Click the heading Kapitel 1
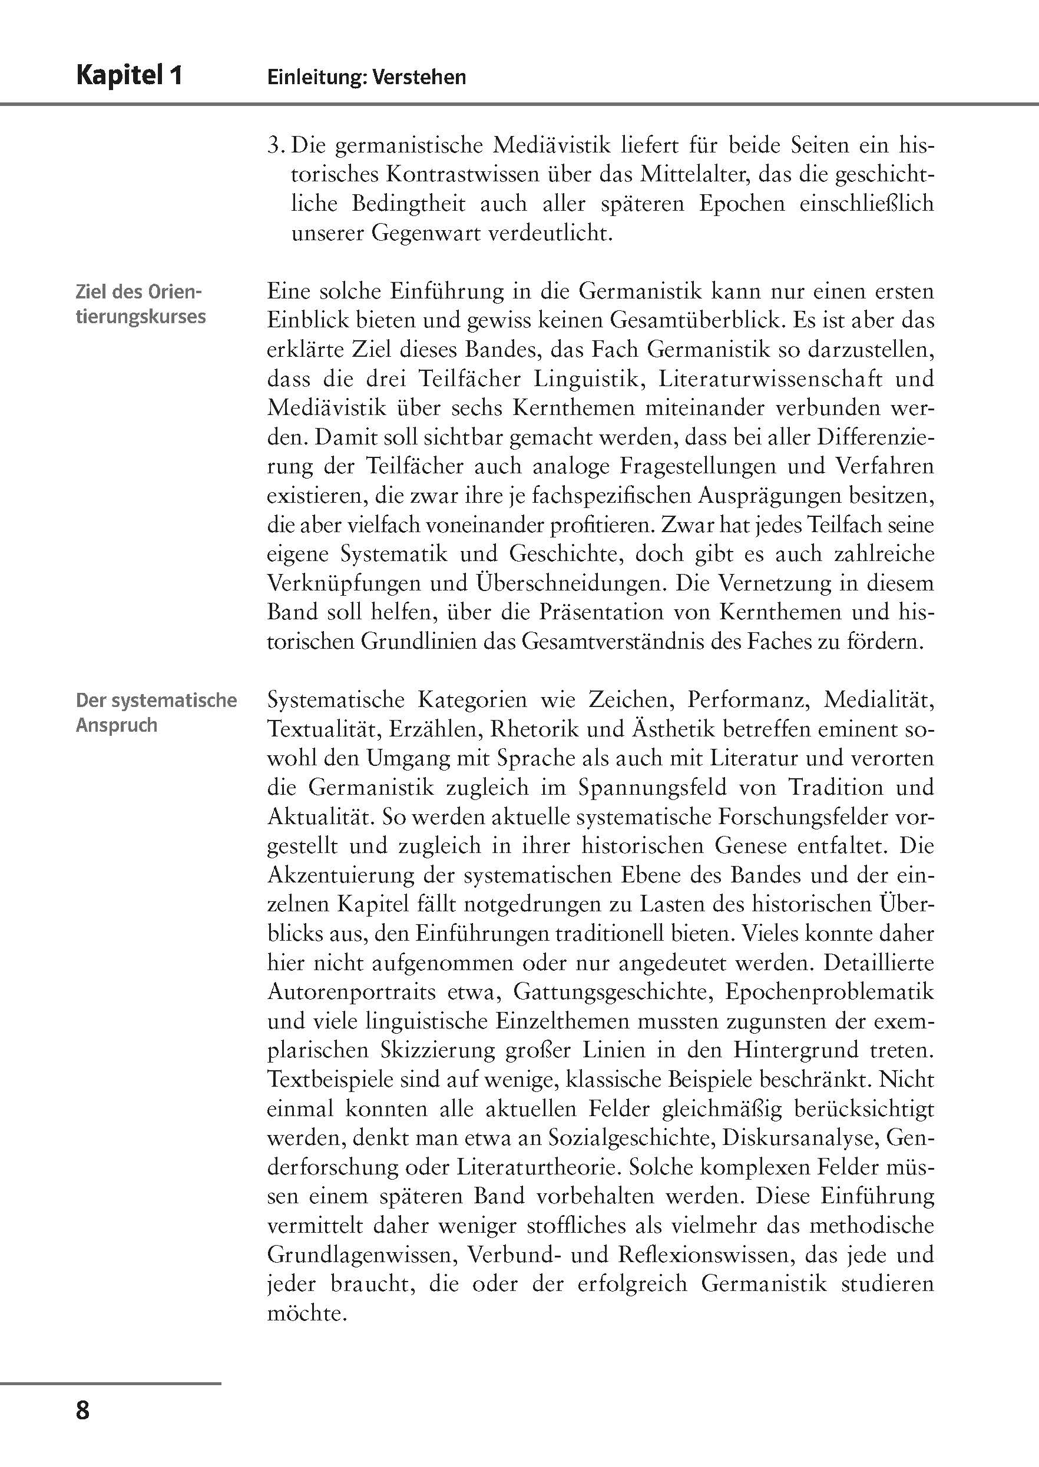click(x=129, y=75)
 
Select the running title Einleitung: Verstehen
click(x=366, y=77)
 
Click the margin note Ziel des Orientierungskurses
click(x=140, y=304)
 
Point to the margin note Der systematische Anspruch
click(x=155, y=712)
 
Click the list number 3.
click(x=275, y=146)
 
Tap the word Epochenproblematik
click(x=830, y=991)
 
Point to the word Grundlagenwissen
click(x=362, y=1254)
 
